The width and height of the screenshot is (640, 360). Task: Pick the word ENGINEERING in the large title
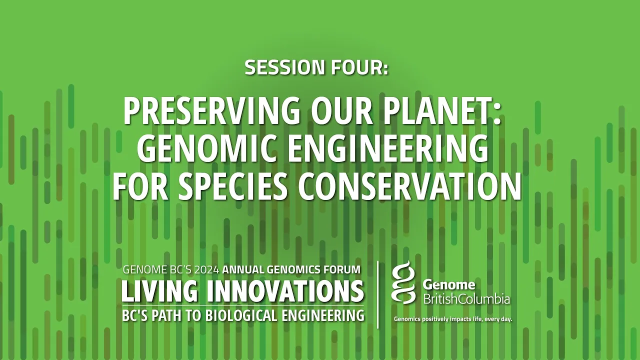coord(387,148)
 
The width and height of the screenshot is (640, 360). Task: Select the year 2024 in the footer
coord(206,269)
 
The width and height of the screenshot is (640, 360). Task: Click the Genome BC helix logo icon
coord(403,282)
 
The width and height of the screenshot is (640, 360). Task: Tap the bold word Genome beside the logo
coord(448,284)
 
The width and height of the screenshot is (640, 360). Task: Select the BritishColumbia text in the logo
coord(466,299)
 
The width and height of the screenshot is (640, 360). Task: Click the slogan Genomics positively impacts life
coord(453,319)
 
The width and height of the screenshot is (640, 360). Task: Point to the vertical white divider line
coord(378,295)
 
